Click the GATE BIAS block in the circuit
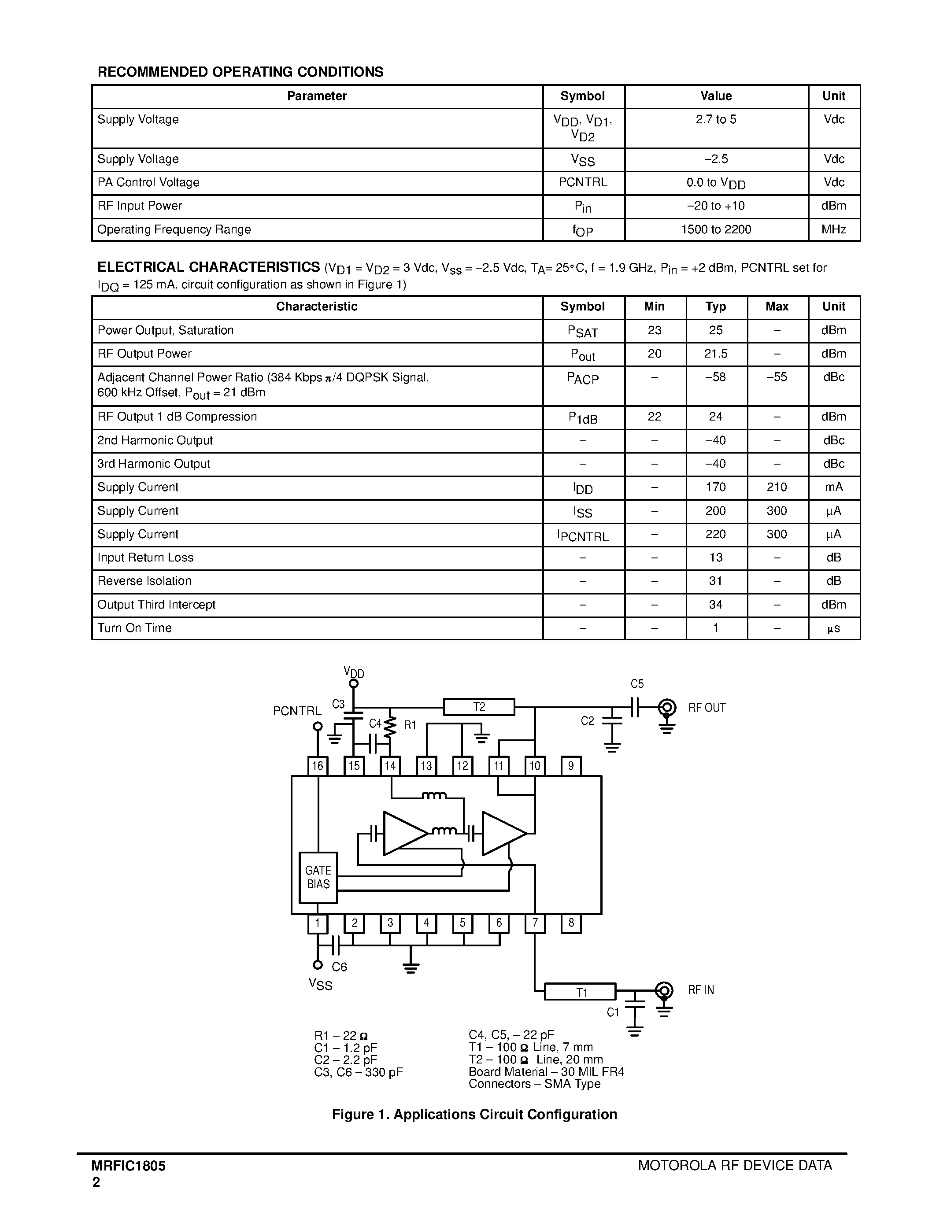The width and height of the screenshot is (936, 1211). click(318, 877)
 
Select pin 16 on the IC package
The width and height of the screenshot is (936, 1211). click(317, 766)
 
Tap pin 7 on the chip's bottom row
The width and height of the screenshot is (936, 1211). click(535, 923)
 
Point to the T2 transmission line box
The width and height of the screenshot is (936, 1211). click(479, 707)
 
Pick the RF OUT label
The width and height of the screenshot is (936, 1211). click(707, 708)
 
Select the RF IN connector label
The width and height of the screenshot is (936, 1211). click(701, 990)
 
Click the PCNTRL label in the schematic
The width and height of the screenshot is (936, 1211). click(297, 711)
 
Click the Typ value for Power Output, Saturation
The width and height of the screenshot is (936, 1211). click(716, 330)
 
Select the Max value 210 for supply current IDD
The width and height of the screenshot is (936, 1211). click(776, 487)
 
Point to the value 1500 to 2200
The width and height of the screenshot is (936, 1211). click(716, 229)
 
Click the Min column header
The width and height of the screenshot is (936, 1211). click(654, 306)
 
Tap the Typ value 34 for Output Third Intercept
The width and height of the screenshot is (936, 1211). click(716, 604)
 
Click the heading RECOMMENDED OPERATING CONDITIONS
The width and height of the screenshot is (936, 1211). click(240, 72)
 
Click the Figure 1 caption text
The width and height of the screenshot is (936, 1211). click(474, 1115)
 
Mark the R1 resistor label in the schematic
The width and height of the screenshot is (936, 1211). click(410, 725)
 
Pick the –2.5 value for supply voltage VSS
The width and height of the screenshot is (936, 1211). click(716, 159)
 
